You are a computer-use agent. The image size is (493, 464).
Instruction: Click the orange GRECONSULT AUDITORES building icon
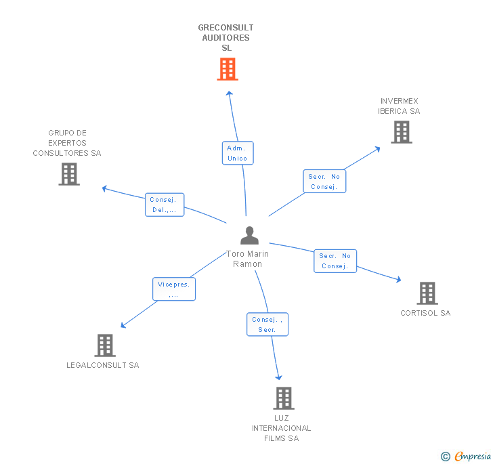tap(228, 69)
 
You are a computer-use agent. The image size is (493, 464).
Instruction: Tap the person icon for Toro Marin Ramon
tap(249, 236)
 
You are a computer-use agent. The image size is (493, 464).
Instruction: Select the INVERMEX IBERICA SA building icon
tap(402, 132)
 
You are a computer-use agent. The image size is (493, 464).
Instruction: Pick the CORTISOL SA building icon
tap(427, 293)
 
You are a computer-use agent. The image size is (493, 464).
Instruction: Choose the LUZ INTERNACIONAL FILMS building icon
tap(284, 398)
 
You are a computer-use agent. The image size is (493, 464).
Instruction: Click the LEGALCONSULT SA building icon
tap(104, 345)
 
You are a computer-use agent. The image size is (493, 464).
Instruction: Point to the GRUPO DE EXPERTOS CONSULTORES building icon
tap(69, 174)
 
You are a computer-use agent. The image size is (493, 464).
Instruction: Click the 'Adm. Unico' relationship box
tap(238, 153)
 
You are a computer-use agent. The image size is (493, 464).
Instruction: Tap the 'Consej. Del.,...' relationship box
tap(165, 205)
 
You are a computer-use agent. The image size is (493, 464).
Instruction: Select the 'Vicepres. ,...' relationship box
tap(174, 289)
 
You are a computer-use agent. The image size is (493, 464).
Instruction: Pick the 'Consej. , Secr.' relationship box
tap(267, 324)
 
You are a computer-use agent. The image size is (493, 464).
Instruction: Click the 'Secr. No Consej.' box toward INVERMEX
tap(324, 182)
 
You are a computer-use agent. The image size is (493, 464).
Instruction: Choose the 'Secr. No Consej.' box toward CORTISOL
tap(335, 261)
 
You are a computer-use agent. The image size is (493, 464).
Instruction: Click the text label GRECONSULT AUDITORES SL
tap(226, 38)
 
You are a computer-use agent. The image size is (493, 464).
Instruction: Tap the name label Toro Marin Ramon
tap(248, 259)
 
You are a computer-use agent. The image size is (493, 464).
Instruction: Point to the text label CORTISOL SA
tap(425, 313)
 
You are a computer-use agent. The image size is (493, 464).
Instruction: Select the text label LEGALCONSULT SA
tap(103, 365)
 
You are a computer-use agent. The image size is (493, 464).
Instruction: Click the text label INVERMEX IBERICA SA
tap(399, 106)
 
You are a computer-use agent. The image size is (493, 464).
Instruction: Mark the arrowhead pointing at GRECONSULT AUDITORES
tap(229, 93)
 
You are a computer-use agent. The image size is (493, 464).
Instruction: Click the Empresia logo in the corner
tap(467, 456)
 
